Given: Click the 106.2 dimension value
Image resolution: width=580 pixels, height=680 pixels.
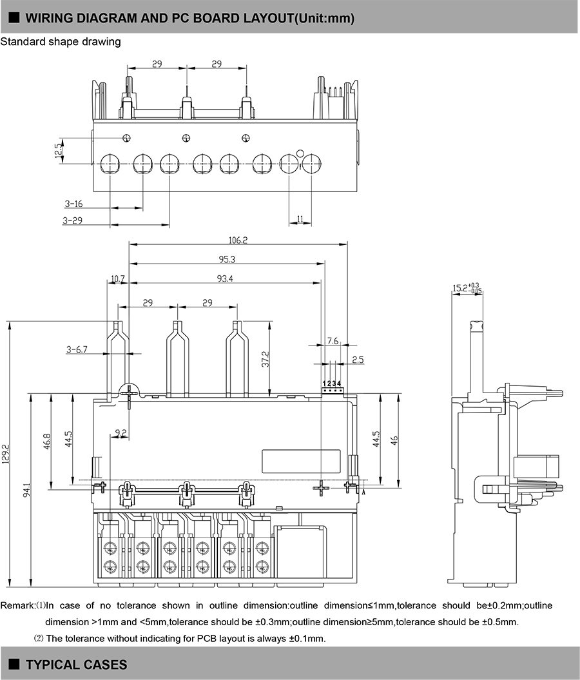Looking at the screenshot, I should [x=238, y=240].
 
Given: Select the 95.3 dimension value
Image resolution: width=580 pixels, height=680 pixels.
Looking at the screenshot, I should [x=227, y=259].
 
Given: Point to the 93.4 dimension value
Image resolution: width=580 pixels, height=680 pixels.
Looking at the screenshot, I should [x=224, y=278].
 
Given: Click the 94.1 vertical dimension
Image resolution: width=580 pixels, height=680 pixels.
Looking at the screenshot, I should [x=26, y=491].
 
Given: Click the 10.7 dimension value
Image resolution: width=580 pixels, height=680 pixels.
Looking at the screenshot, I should [x=117, y=279].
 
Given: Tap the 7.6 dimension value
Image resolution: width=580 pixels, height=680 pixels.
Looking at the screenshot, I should [x=333, y=340].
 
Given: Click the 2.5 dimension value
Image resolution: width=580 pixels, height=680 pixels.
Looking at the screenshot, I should [x=358, y=360].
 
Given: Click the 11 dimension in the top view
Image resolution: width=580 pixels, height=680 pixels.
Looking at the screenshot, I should [x=300, y=219].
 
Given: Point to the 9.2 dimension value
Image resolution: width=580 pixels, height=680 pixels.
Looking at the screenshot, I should [x=121, y=432].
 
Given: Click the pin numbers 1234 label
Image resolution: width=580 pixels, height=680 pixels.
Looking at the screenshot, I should [x=331, y=384].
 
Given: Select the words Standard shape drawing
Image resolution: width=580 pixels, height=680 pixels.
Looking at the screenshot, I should [x=61, y=42].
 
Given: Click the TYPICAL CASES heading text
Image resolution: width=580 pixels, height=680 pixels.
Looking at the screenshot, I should [x=76, y=665].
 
